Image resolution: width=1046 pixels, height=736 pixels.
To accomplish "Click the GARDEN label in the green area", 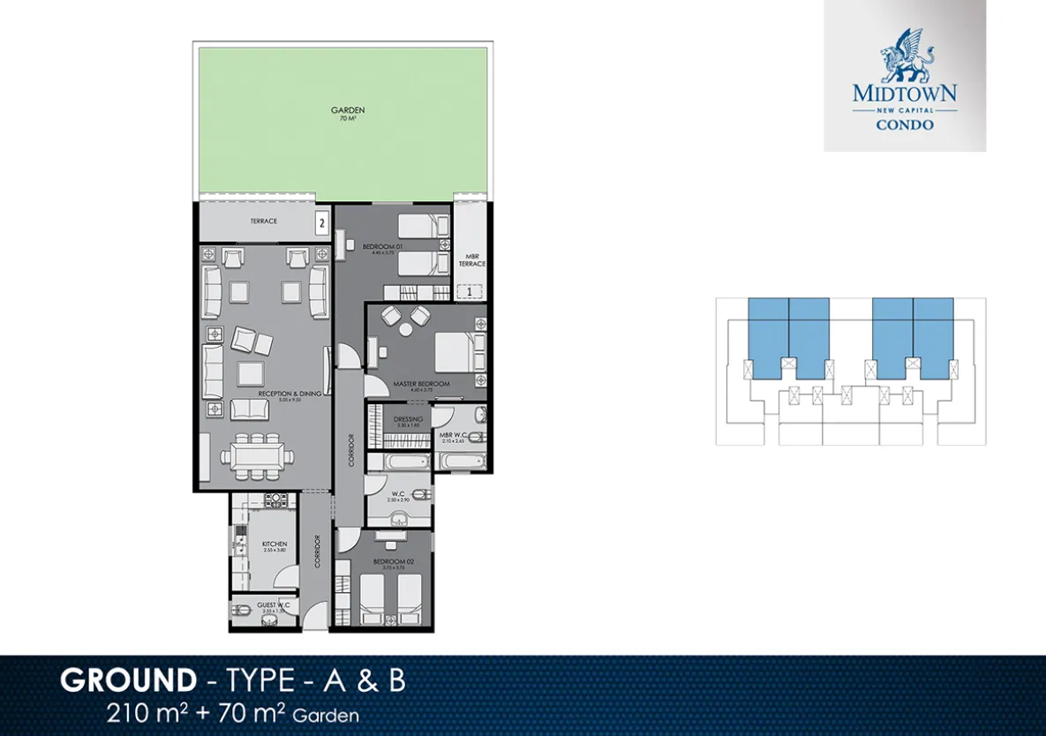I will (348, 110).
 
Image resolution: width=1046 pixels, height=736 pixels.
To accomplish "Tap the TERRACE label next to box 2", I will (264, 221).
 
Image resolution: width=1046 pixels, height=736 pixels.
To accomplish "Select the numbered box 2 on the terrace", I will (322, 223).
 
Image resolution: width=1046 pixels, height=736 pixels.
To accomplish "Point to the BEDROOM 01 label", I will (382, 246).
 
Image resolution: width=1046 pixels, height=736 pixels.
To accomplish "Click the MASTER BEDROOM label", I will (421, 384).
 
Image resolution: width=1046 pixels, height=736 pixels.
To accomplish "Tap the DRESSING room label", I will (408, 419).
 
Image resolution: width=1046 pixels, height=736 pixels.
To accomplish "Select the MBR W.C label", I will (452, 435).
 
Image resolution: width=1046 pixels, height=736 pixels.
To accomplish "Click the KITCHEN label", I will (275, 544).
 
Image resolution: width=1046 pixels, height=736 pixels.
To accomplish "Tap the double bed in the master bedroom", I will (459, 351).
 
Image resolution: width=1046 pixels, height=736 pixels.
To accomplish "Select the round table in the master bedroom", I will (406, 329).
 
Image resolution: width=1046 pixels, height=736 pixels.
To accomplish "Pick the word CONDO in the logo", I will (905, 124).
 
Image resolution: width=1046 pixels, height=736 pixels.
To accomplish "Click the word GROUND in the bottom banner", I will (128, 681).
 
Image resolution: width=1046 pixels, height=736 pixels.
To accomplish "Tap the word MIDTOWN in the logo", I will (905, 92).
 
